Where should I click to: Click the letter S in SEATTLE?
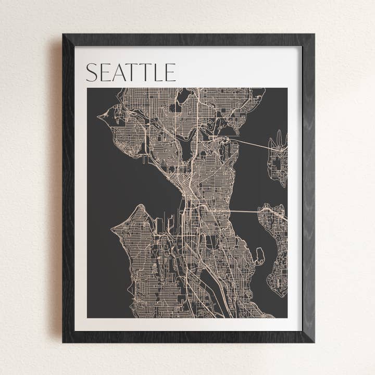[91, 72]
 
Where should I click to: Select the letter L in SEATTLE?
[158, 72]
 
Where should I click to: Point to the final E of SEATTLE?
[170, 72]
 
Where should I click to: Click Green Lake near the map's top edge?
[184, 95]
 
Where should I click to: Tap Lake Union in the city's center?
[187, 148]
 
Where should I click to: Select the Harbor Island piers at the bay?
[171, 225]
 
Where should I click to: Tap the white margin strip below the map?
[187, 324]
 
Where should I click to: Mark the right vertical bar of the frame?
[308, 187]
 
